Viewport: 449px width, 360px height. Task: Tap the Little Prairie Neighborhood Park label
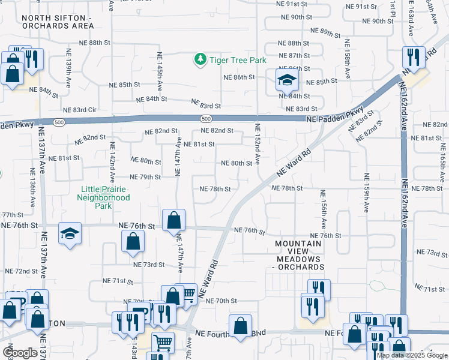click(x=105, y=197)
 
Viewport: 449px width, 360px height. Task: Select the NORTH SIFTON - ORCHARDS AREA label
click(x=57, y=22)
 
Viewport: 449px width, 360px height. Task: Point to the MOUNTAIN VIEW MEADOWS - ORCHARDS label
click(x=300, y=255)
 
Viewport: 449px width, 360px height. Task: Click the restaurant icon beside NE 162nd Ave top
click(x=412, y=57)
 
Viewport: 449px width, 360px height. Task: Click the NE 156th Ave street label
click(x=323, y=209)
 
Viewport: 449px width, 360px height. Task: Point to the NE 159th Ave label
click(x=365, y=193)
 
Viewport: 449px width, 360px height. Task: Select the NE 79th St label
click(x=146, y=177)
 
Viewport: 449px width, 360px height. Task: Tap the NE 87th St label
click(x=294, y=55)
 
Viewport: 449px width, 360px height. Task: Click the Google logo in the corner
click(x=19, y=353)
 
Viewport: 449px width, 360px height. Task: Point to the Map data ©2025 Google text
click(x=412, y=355)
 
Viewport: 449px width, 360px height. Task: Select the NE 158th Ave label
click(x=346, y=59)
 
